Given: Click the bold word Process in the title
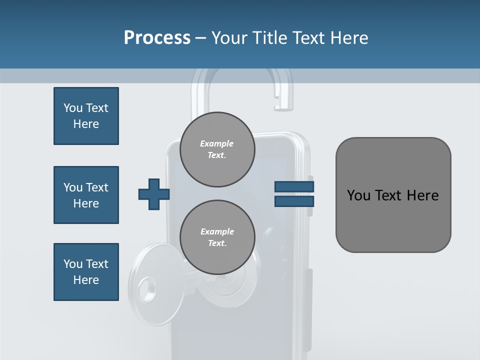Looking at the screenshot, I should [157, 38].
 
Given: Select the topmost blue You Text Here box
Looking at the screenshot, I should [86, 116].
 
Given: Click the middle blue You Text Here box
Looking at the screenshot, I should [86, 195].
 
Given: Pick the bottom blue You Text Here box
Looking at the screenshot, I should [86, 272].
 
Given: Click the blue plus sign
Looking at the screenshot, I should [154, 194].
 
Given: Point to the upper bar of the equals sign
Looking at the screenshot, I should [294, 187].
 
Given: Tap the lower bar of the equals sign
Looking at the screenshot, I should [294, 201].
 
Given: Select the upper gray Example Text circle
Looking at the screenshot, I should [217, 149].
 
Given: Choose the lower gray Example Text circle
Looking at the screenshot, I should [217, 237].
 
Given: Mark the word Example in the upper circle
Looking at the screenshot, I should [217, 144].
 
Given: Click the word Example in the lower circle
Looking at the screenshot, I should [217, 232].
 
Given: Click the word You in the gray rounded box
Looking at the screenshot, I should [358, 195].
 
